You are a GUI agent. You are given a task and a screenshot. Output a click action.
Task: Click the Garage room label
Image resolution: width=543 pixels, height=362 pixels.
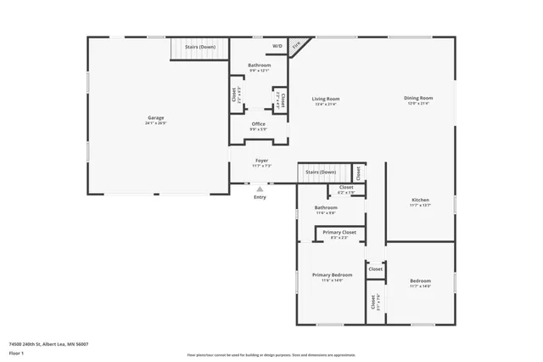tap(155, 117)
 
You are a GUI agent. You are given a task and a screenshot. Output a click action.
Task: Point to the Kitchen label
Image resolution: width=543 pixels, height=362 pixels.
tap(421, 200)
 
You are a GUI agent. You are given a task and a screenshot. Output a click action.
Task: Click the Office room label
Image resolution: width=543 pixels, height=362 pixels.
tap(259, 124)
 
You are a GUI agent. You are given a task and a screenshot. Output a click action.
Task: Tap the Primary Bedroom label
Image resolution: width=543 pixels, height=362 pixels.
tap(332, 274)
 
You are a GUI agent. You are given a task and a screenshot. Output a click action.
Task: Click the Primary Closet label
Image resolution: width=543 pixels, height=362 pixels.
tap(339, 232)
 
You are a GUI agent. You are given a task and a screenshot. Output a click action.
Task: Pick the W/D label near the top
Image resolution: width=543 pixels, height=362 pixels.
tap(277, 46)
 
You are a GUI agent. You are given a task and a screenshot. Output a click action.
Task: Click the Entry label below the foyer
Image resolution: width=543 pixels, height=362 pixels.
tap(260, 198)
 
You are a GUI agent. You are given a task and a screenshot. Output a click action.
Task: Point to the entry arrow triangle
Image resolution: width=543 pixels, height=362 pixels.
tap(260, 189)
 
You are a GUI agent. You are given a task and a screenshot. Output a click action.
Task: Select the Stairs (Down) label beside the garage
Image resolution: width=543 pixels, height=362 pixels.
tap(200, 47)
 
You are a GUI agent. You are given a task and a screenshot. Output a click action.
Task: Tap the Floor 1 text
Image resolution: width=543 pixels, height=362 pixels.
tap(16, 352)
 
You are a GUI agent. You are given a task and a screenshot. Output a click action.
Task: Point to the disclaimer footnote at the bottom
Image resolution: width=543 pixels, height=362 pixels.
tap(271, 355)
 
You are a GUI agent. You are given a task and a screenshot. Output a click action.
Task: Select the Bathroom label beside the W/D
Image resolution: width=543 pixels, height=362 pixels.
tap(260, 65)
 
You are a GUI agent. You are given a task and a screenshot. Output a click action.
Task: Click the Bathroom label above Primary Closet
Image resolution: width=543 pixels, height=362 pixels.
tap(326, 207)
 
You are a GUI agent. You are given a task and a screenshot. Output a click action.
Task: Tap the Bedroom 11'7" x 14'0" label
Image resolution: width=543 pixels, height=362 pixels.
tap(421, 280)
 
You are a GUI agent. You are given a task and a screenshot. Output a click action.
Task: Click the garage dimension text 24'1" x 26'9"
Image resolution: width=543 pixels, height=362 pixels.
tap(155, 123)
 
